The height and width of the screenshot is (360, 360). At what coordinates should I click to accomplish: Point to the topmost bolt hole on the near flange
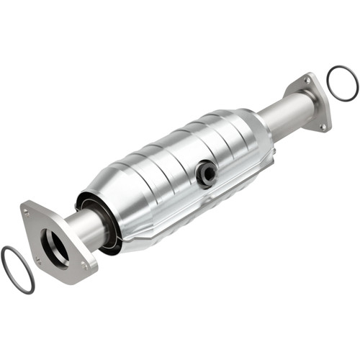pyautogui.click(x=27, y=212)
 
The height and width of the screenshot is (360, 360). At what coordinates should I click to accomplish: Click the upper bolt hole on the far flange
pyautogui.click(x=309, y=82)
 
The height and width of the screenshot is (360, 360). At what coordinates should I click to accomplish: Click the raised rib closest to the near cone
pyautogui.click(x=137, y=173)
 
